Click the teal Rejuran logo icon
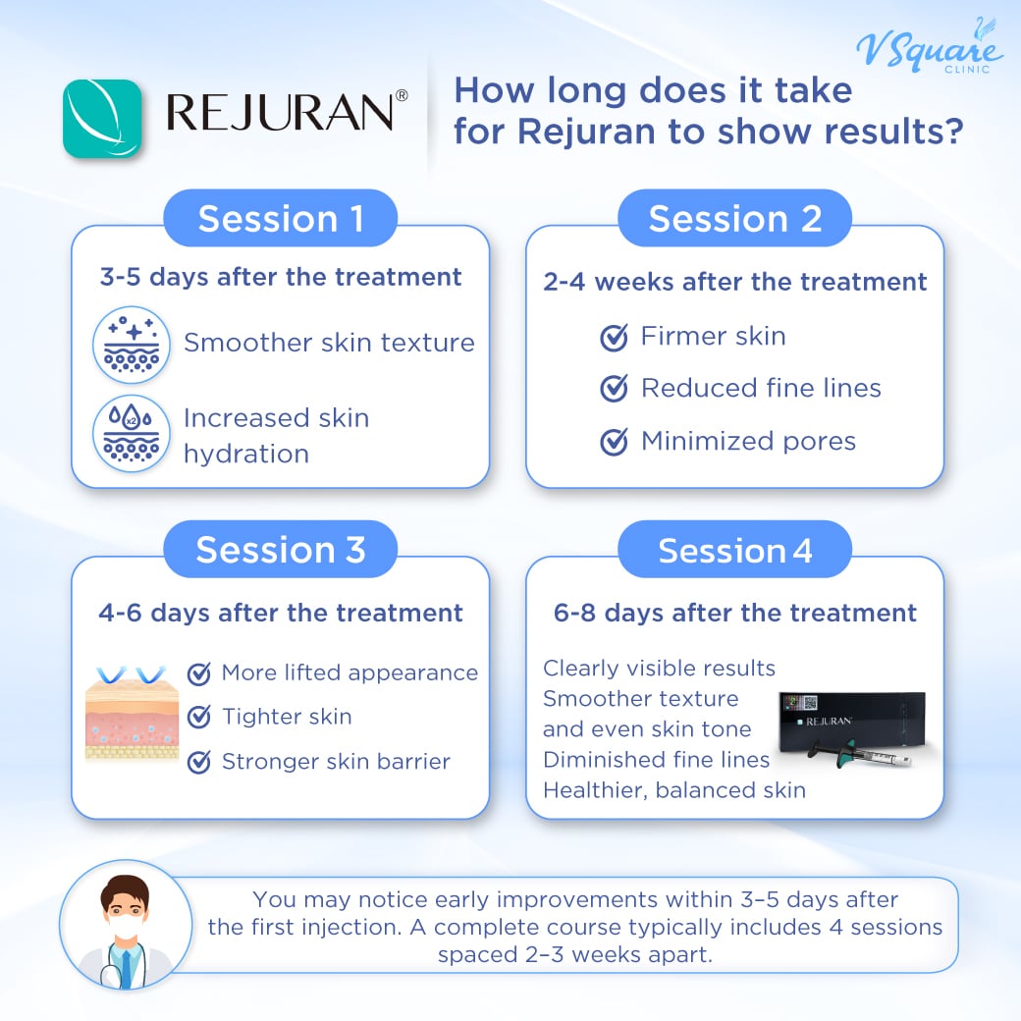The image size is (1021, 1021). [101, 118]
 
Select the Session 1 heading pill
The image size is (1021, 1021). [281, 218]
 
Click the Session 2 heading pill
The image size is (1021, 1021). [734, 218]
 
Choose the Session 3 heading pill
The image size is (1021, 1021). [281, 550]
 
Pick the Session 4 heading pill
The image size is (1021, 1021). [734, 551]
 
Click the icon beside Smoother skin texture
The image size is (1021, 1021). [132, 344]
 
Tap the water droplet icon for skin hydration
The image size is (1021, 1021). [132, 434]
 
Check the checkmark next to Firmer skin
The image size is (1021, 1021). [614, 338]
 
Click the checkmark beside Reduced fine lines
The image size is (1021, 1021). [614, 389]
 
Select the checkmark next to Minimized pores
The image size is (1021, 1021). [614, 442]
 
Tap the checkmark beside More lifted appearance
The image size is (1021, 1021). [199, 673]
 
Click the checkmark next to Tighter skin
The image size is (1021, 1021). [199, 718]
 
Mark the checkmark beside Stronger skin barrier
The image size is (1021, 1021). [199, 762]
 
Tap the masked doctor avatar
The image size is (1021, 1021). [125, 926]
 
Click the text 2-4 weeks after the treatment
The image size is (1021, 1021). [734, 283]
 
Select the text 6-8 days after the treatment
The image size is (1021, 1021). [734, 614]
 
